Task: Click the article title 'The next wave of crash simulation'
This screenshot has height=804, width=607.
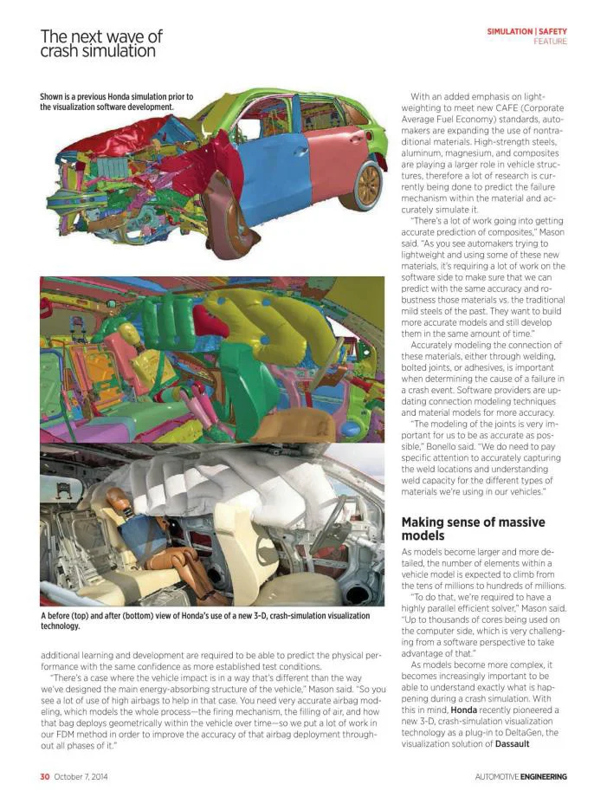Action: click(x=101, y=43)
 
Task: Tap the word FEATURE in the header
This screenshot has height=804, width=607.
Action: click(x=550, y=42)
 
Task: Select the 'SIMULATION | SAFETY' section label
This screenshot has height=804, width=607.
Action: click(x=526, y=31)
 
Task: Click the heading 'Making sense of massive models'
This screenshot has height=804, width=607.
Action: click(x=473, y=528)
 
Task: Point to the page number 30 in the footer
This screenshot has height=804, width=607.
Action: click(x=44, y=776)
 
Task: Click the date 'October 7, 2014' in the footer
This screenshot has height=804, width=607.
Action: click(x=81, y=776)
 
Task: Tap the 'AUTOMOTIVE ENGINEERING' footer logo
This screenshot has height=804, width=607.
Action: click(x=520, y=776)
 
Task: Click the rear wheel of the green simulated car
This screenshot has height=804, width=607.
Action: click(x=368, y=184)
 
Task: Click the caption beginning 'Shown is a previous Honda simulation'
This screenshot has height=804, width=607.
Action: click(x=116, y=101)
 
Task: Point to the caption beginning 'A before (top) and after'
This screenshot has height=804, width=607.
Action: click(x=204, y=620)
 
